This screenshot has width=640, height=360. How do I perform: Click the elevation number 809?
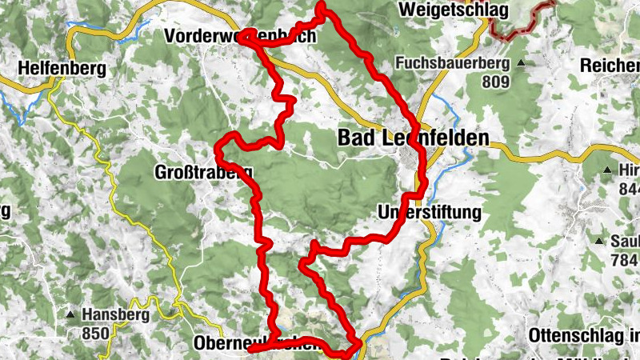tap(496, 80)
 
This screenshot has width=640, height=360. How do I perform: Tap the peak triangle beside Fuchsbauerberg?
tap(522, 62)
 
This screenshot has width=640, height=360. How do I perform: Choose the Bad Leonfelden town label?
tap(413, 138)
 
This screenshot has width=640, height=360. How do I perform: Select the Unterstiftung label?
tap(429, 212)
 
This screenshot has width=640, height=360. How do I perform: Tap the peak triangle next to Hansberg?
tap(71, 314)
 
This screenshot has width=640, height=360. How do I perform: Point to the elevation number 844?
tap(629, 189)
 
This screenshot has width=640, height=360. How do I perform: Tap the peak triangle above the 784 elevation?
tap(598, 241)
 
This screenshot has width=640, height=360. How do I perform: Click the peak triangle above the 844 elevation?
tap(607, 170)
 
